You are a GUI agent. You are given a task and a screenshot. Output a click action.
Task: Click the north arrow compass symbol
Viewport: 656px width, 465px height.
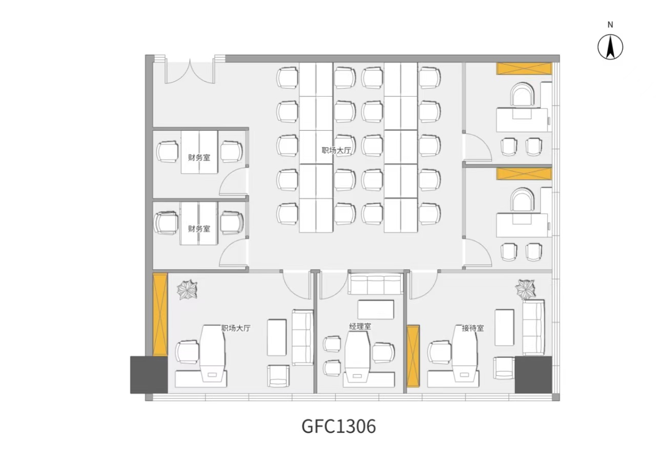(x=610, y=47)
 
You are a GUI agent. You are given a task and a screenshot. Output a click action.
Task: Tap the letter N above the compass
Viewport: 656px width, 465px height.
(x=610, y=25)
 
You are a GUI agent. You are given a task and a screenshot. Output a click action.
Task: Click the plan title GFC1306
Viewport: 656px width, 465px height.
(x=339, y=427)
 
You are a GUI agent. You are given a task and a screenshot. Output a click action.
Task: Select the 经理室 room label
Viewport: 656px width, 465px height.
(x=360, y=327)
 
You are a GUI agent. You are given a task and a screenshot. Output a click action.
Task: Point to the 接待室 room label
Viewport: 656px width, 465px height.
(x=473, y=328)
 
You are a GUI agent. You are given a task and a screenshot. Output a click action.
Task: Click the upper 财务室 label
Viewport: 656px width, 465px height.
(x=199, y=158)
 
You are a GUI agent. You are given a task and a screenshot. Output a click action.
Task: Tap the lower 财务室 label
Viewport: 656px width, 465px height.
(x=199, y=228)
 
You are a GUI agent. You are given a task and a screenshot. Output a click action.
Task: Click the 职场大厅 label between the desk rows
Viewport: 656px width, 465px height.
(x=336, y=151)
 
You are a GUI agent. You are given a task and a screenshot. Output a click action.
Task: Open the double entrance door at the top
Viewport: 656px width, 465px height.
(x=190, y=71)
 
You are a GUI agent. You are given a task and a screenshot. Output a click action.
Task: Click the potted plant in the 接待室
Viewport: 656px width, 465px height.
(x=525, y=289)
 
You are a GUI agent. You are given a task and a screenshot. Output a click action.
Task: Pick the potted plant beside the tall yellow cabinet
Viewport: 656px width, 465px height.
(x=187, y=289)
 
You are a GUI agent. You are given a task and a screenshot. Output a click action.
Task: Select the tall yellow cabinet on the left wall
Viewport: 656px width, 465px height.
(x=160, y=314)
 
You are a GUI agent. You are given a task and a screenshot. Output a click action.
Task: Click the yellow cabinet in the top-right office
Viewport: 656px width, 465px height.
(x=524, y=69)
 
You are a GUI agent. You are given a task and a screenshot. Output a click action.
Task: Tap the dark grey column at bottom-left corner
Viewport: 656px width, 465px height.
(x=149, y=375)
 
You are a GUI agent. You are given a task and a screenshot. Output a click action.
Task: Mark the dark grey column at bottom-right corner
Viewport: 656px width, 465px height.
(x=534, y=375)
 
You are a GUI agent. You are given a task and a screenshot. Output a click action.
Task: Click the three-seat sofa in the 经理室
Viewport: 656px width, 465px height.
(x=375, y=284)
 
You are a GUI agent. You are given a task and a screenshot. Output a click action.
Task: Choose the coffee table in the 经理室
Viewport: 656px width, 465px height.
(x=376, y=310)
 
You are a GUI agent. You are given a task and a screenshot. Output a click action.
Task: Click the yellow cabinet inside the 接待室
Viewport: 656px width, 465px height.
(x=413, y=356)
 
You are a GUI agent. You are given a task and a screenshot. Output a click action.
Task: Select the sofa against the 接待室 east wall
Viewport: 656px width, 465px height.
(x=534, y=328)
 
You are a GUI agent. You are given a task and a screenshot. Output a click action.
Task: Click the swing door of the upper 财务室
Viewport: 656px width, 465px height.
(x=233, y=181)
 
